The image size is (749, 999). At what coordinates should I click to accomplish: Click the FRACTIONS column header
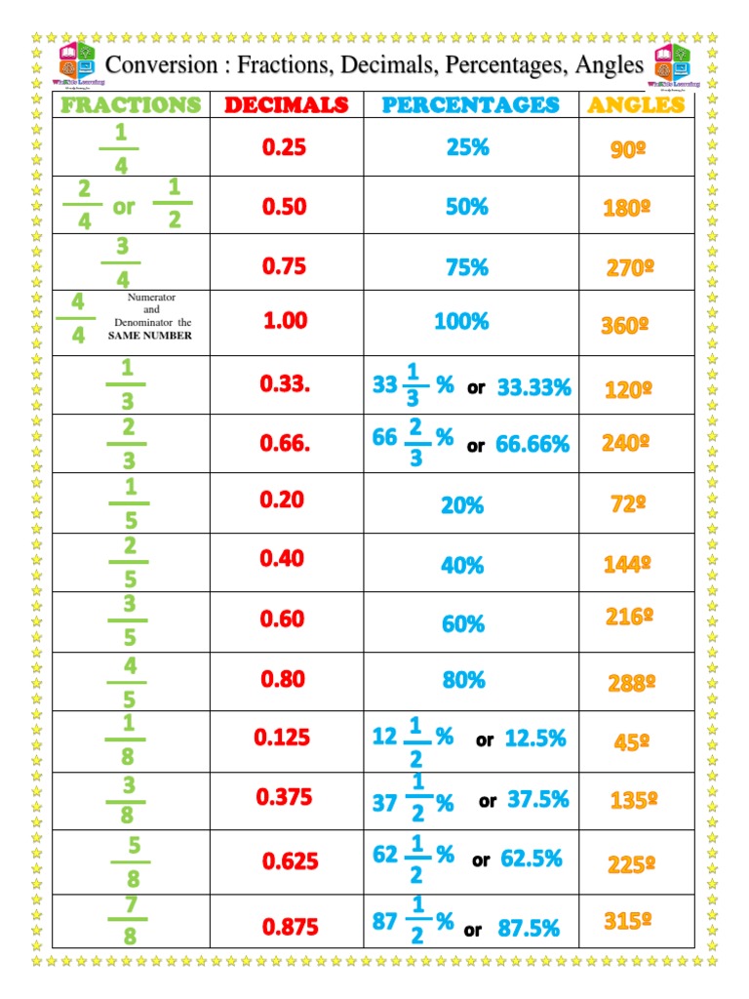coord(131,104)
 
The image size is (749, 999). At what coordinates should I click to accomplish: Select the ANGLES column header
coord(635,104)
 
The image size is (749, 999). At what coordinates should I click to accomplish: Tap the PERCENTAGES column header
coord(471,104)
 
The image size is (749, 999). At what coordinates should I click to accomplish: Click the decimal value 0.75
coord(284,266)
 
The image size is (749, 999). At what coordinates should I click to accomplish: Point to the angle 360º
coord(625,326)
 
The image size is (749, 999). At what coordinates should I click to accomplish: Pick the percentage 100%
coord(461,321)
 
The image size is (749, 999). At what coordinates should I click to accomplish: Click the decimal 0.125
coord(282,738)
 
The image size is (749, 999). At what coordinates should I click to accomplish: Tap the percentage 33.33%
coord(533,387)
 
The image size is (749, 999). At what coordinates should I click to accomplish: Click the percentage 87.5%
coord(529,929)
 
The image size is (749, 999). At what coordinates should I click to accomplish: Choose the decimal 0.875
coord(291,928)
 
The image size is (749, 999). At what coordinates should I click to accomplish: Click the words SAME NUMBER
coord(150,336)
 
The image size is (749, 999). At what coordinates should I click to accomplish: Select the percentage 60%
coord(462,623)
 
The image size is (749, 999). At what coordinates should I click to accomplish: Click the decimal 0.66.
coord(285,444)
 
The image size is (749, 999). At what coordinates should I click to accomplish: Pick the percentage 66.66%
coord(532,445)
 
